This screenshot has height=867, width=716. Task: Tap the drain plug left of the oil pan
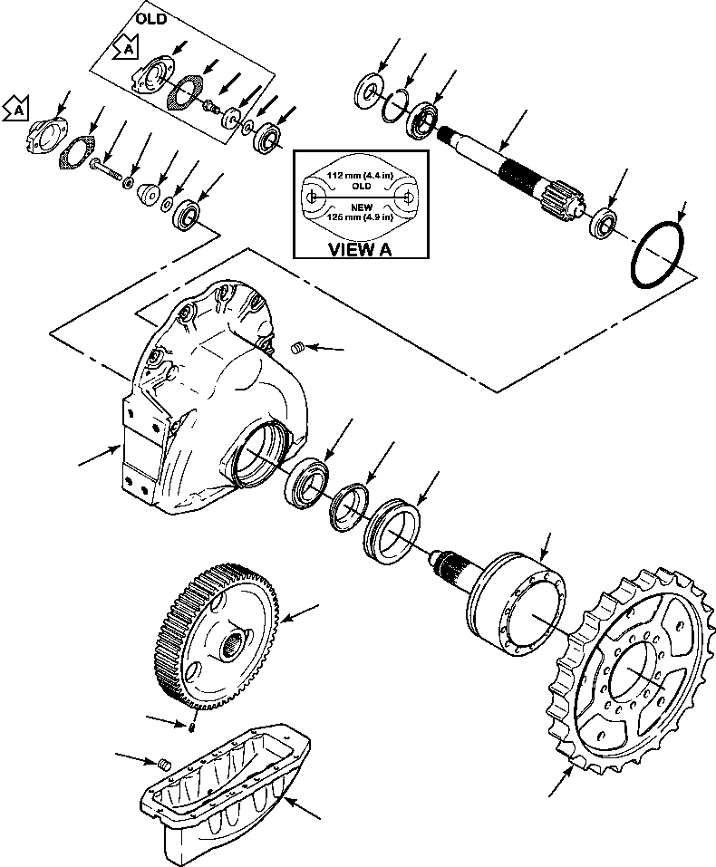coord(164,766)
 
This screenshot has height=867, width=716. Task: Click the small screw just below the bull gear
coord(194,725)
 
